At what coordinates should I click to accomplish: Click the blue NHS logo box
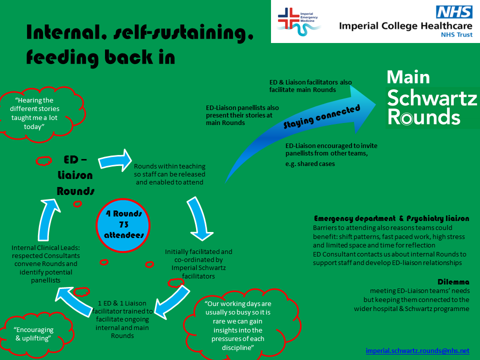[454, 12]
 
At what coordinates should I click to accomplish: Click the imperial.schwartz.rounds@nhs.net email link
[417, 351]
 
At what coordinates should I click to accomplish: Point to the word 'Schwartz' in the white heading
[432, 97]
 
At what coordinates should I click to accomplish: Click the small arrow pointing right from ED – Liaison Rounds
[114, 160]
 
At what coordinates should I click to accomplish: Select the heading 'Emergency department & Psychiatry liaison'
[391, 218]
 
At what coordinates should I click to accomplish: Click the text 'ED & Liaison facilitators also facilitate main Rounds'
[310, 85]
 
